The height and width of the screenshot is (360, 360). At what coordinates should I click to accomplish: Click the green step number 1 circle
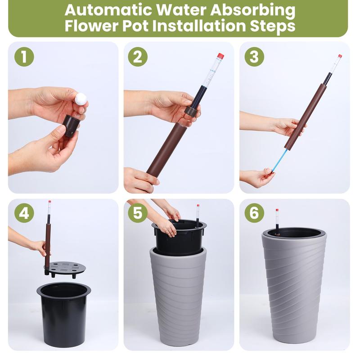pyautogui.click(x=24, y=57)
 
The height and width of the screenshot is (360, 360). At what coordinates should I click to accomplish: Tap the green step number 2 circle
pyautogui.click(x=138, y=57)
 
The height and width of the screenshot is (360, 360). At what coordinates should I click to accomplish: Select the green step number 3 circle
pyautogui.click(x=254, y=57)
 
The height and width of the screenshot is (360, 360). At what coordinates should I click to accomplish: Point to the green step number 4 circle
pyautogui.click(x=24, y=213)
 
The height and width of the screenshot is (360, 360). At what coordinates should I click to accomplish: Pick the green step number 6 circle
pyautogui.click(x=254, y=213)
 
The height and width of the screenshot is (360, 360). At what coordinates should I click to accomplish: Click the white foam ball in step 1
pyautogui.click(x=81, y=99)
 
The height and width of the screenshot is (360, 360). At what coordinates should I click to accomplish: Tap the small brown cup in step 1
pyautogui.click(x=71, y=126)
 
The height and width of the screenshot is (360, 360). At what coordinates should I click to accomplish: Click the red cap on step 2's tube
pyautogui.click(x=220, y=56)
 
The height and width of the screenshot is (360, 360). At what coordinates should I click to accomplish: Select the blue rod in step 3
pyautogui.click(x=279, y=160)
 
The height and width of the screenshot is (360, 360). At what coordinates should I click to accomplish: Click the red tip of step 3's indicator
pyautogui.click(x=340, y=56)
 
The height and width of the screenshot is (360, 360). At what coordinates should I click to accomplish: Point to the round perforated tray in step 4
pyautogui.click(x=65, y=269)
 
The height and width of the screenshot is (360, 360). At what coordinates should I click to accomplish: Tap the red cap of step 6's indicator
pyautogui.click(x=277, y=210)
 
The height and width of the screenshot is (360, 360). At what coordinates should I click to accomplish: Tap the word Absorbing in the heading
pyautogui.click(x=252, y=11)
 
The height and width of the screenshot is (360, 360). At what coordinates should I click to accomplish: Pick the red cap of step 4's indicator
pyautogui.click(x=49, y=202)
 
